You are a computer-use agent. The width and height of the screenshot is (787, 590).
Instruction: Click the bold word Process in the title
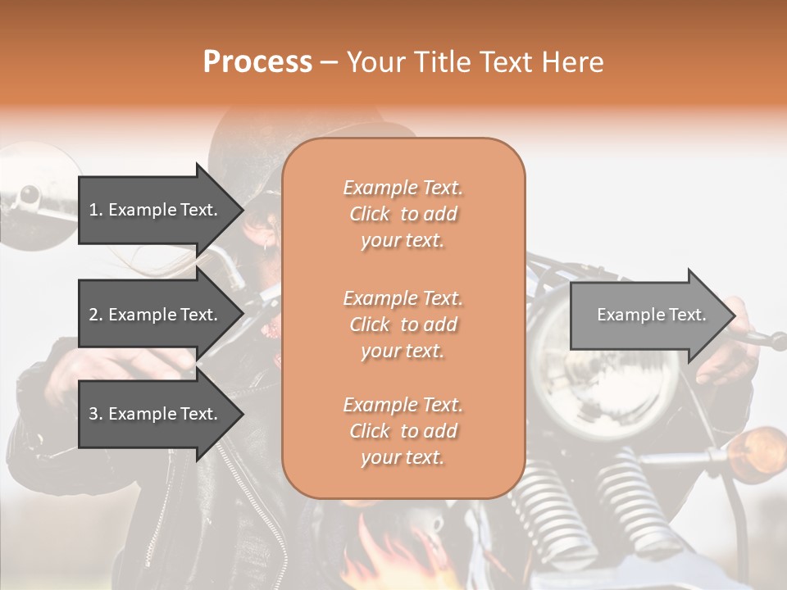point(257,62)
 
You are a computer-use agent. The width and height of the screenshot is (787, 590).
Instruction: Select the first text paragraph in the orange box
point(403,214)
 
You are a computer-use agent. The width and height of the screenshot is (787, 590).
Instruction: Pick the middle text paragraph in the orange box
point(403,324)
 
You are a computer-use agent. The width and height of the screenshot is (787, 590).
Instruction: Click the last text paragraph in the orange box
point(403,431)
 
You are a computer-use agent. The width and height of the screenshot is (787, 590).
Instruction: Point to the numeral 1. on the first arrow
point(96,210)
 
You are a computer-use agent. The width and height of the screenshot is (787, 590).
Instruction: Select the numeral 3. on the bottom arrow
point(96,414)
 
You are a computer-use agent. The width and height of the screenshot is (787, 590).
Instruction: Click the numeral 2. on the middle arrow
point(96,315)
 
